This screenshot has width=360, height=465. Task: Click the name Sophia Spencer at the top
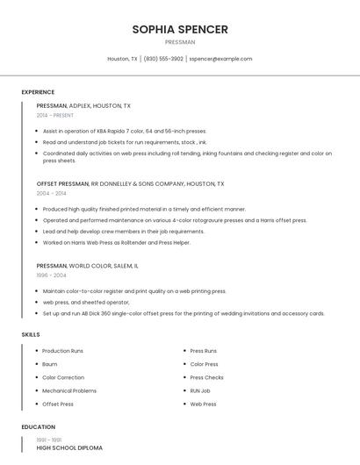[x=180, y=29]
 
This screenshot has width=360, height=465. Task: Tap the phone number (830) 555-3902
[x=163, y=59]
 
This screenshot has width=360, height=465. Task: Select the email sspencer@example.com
[x=220, y=59]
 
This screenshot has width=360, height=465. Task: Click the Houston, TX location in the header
[x=122, y=59]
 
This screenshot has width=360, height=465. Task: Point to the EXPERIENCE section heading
[x=38, y=92]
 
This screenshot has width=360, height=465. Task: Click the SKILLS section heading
[x=31, y=334]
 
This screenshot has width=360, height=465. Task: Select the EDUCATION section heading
[x=38, y=427]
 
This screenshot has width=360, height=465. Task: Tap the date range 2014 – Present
[x=55, y=115]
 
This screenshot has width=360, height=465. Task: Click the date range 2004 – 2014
[x=51, y=193]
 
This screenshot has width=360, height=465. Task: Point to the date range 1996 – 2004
[x=51, y=275]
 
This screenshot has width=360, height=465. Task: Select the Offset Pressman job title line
[x=130, y=184]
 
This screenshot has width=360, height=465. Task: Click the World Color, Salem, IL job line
[x=87, y=265]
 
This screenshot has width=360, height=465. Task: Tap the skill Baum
[x=49, y=364]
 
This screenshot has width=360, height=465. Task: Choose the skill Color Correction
[x=63, y=377]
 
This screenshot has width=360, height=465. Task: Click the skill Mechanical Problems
[x=69, y=390]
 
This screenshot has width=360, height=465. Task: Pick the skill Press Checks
[x=206, y=377]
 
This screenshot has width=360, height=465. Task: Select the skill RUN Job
[x=200, y=390]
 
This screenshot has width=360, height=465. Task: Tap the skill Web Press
[x=203, y=404]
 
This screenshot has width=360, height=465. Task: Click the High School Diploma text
[x=69, y=447]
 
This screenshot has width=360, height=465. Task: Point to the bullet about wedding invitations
[x=184, y=313]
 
